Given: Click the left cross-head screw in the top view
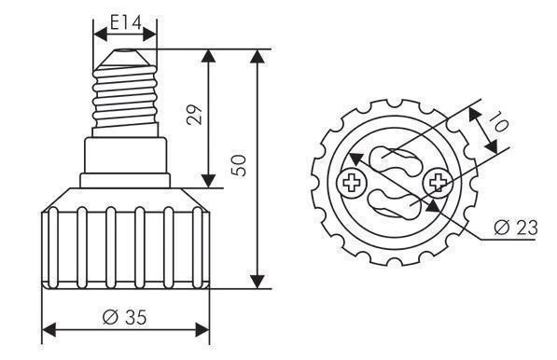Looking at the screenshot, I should (353, 184).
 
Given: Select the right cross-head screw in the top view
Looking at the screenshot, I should (435, 180).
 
